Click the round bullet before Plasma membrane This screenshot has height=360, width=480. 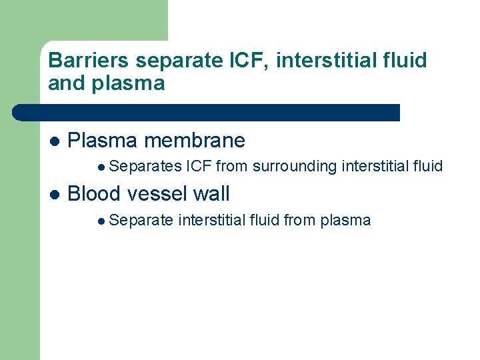point(55,141)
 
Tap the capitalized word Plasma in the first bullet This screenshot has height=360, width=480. point(103,141)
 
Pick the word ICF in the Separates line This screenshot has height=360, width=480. point(199,167)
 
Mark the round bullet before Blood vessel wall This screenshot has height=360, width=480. point(55,195)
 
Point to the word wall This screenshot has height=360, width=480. point(211,194)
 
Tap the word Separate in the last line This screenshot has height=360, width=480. point(141,220)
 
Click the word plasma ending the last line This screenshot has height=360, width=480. point(345,220)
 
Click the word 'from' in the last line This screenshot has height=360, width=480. point(299,220)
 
